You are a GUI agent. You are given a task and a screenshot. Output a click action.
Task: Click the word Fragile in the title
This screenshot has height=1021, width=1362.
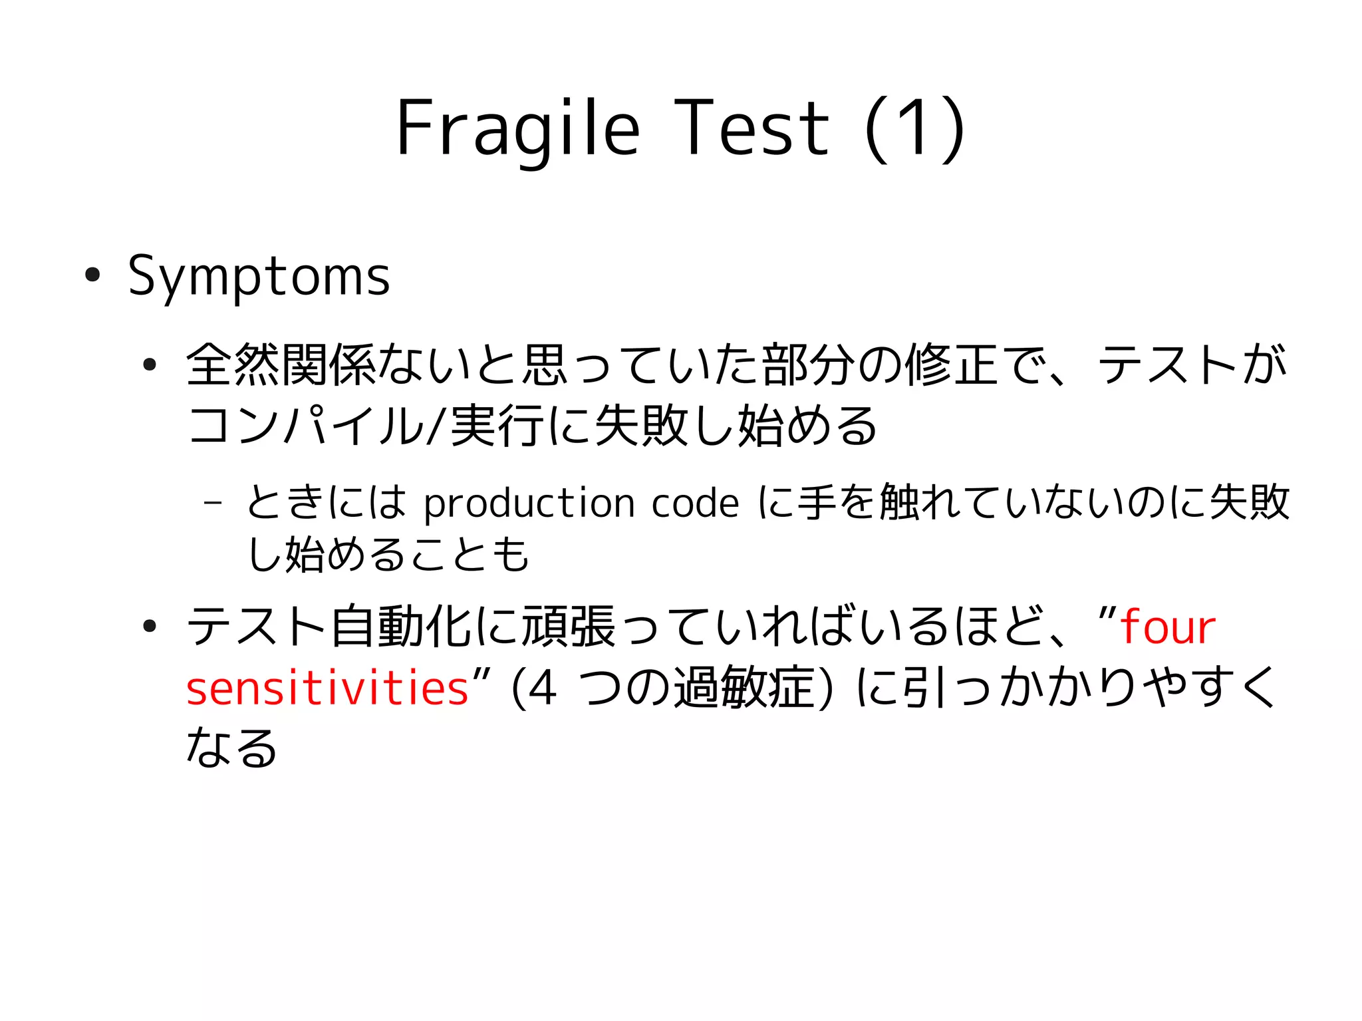click(517, 128)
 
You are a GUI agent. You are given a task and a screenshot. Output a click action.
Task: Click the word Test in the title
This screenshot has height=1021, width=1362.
click(751, 128)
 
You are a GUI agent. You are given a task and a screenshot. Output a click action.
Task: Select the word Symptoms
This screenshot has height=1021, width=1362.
click(259, 277)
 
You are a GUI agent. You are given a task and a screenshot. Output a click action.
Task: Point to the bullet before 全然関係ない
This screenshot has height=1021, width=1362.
click(150, 365)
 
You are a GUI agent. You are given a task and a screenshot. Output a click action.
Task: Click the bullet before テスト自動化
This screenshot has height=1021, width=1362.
click(150, 626)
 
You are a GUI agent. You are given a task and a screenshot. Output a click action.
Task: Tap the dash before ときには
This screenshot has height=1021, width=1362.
click(212, 502)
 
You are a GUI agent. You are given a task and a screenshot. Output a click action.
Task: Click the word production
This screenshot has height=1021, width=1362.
click(529, 504)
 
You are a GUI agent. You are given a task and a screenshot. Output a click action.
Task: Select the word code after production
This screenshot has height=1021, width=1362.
click(695, 504)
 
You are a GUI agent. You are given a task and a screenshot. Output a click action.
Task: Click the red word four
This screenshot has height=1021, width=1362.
click(1168, 627)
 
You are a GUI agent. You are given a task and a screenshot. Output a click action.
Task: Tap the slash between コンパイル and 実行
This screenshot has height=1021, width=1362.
click(435, 426)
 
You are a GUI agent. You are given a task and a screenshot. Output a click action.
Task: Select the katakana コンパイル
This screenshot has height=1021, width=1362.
click(306, 426)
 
